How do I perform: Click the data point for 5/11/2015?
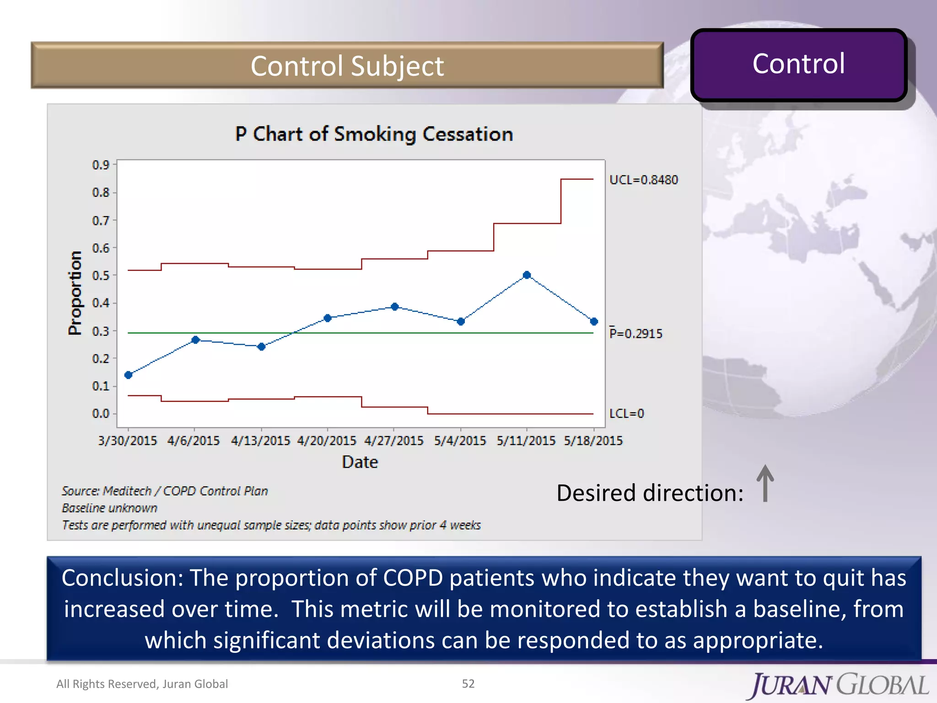pyautogui.click(x=527, y=275)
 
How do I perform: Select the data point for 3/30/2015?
pyautogui.click(x=129, y=375)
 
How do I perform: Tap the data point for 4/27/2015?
pyautogui.click(x=395, y=307)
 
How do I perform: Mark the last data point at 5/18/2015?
pyautogui.click(x=594, y=322)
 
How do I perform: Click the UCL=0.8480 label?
pyautogui.click(x=643, y=180)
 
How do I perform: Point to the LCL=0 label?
pyautogui.click(x=626, y=413)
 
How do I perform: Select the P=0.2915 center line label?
pyautogui.click(x=635, y=333)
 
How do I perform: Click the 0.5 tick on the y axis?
pyautogui.click(x=101, y=276)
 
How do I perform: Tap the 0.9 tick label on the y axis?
pyautogui.click(x=101, y=165)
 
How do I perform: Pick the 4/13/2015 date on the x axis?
pyautogui.click(x=260, y=440)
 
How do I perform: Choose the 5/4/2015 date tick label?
pyautogui.click(x=460, y=440)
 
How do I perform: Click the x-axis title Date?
pyautogui.click(x=360, y=462)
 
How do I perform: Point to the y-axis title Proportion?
pyautogui.click(x=75, y=293)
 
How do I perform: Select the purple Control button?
pyautogui.click(x=798, y=64)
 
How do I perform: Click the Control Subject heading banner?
pyautogui.click(x=347, y=65)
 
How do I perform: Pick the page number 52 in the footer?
pyautogui.click(x=468, y=683)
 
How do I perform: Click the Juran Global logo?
pyautogui.click(x=839, y=685)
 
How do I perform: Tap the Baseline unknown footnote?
pyautogui.click(x=110, y=508)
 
